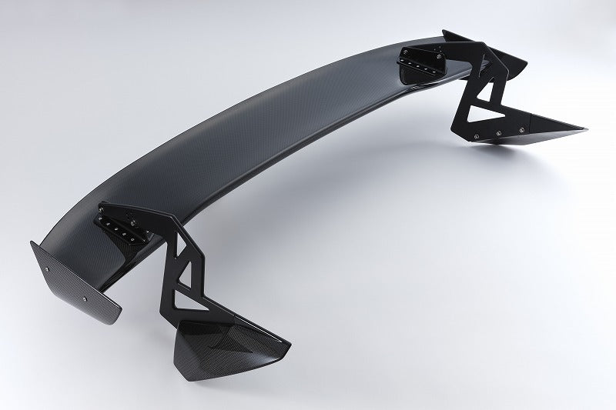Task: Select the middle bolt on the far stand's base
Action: tap(498, 135)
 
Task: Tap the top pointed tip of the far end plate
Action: tap(444, 32)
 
